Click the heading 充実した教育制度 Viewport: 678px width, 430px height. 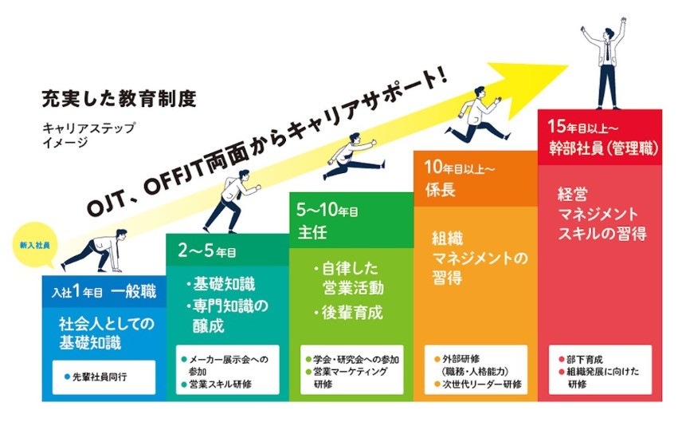tap(119, 99)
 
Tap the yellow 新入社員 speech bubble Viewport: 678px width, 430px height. tap(34, 245)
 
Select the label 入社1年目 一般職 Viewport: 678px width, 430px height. tap(104, 291)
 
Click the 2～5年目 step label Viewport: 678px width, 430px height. tap(207, 250)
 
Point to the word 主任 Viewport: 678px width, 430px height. tap(312, 231)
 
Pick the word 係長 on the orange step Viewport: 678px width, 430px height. tap(440, 189)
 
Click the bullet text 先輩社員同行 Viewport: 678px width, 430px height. tap(95, 377)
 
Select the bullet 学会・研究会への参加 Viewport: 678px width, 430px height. tap(352, 359)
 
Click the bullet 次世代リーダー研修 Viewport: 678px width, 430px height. tap(478, 384)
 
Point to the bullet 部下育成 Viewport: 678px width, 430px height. tap(580, 359)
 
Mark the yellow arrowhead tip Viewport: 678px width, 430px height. tap(568, 66)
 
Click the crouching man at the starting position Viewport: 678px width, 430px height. tap(95, 251)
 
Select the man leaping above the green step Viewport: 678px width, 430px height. tap(352, 156)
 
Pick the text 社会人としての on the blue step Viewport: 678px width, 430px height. tap(107, 323)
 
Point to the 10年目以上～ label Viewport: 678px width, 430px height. tap(459, 168)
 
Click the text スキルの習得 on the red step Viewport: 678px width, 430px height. tap(602, 234)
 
